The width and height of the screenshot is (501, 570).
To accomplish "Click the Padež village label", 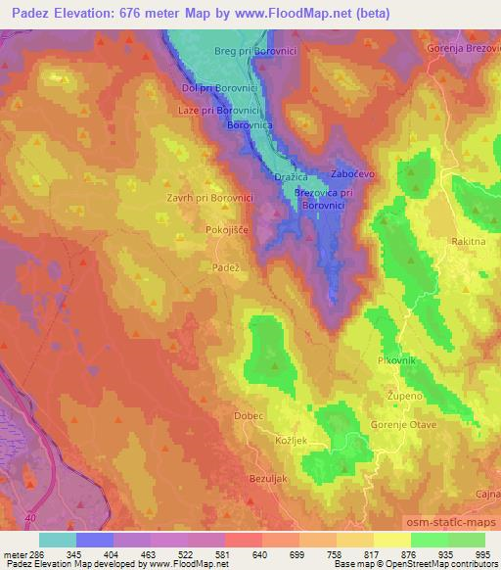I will click(226, 266).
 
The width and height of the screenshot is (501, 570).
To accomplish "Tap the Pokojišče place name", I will click(227, 228).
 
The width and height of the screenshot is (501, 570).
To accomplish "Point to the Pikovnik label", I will click(397, 360).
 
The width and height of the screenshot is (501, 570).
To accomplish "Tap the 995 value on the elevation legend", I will click(480, 554).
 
